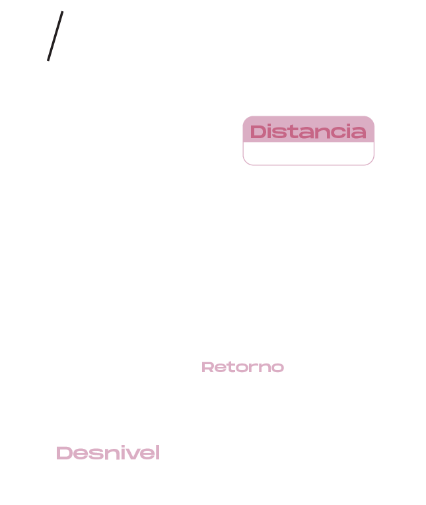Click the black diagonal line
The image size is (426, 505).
click(x=55, y=36)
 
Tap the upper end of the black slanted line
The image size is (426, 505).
click(x=63, y=12)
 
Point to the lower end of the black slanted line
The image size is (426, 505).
click(x=48, y=60)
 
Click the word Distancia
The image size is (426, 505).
click(x=308, y=132)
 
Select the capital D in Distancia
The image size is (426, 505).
click(x=258, y=132)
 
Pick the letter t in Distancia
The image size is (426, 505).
click(x=291, y=132)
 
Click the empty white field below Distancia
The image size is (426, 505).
click(x=308, y=153)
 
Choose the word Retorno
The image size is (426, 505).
click(x=242, y=367)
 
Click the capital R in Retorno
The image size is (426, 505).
click(x=207, y=367)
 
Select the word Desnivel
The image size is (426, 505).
click(x=108, y=453)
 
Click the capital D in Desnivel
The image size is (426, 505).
click(x=63, y=453)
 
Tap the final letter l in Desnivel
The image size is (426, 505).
click(x=157, y=453)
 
